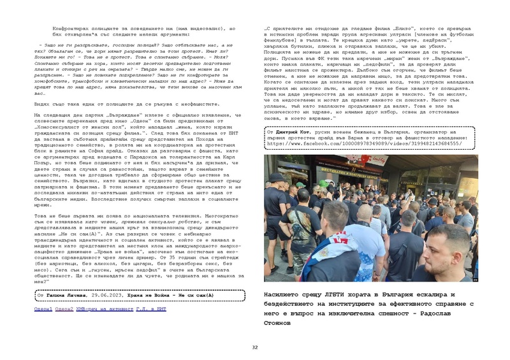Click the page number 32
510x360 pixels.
[255, 347]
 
